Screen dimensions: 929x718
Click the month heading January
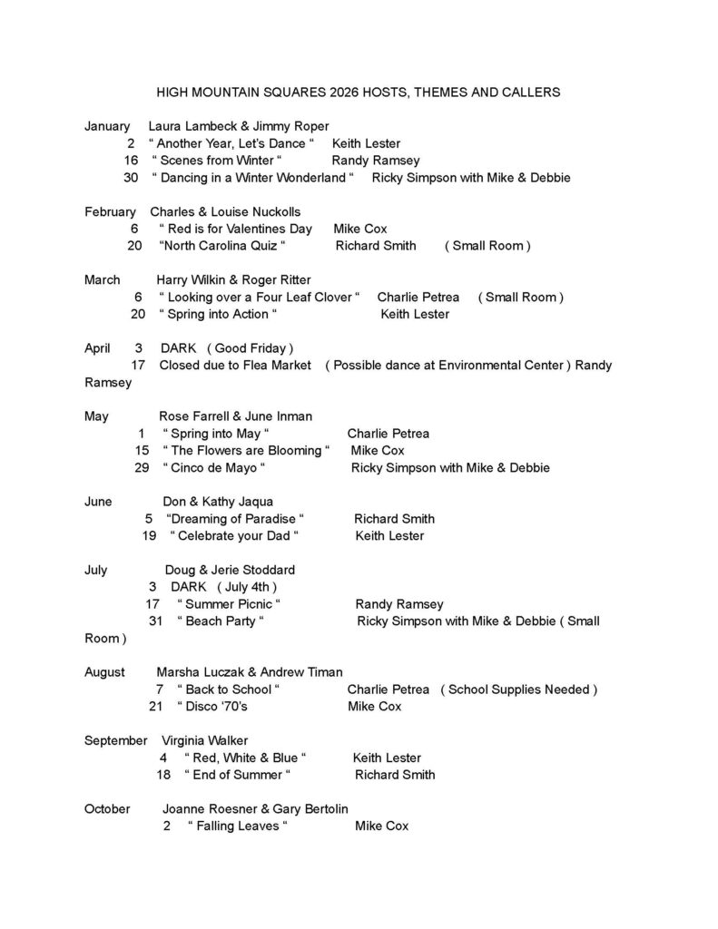click(107, 126)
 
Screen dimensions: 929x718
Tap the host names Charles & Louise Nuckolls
click(225, 211)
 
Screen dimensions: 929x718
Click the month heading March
click(103, 279)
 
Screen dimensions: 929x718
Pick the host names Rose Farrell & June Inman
click(235, 416)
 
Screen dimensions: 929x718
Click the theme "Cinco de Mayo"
click(213, 468)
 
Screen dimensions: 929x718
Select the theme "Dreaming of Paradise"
click(234, 519)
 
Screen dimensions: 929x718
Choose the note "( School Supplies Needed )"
click(519, 689)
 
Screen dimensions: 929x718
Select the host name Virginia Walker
click(204, 740)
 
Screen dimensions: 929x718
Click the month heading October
click(107, 808)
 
